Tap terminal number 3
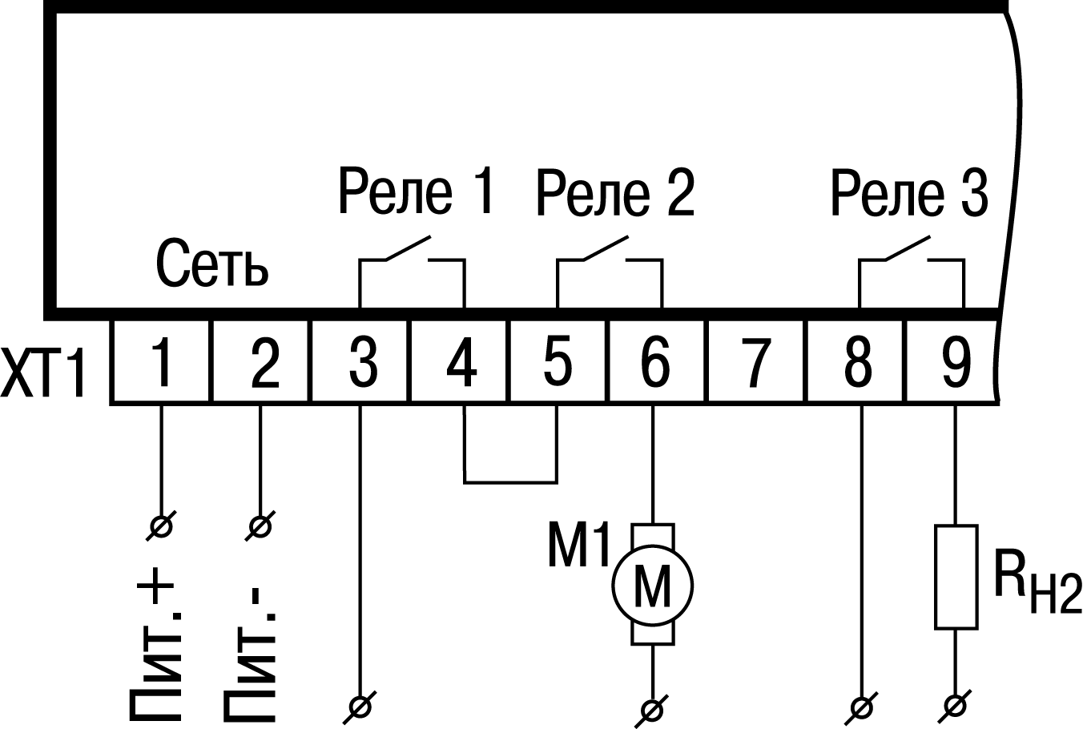click(x=361, y=362)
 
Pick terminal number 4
click(x=461, y=362)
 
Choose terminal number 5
click(x=558, y=362)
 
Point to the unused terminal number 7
click(x=755, y=362)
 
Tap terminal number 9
click(x=954, y=362)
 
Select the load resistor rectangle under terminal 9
click(x=955, y=576)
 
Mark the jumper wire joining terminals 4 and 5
click(x=510, y=482)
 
